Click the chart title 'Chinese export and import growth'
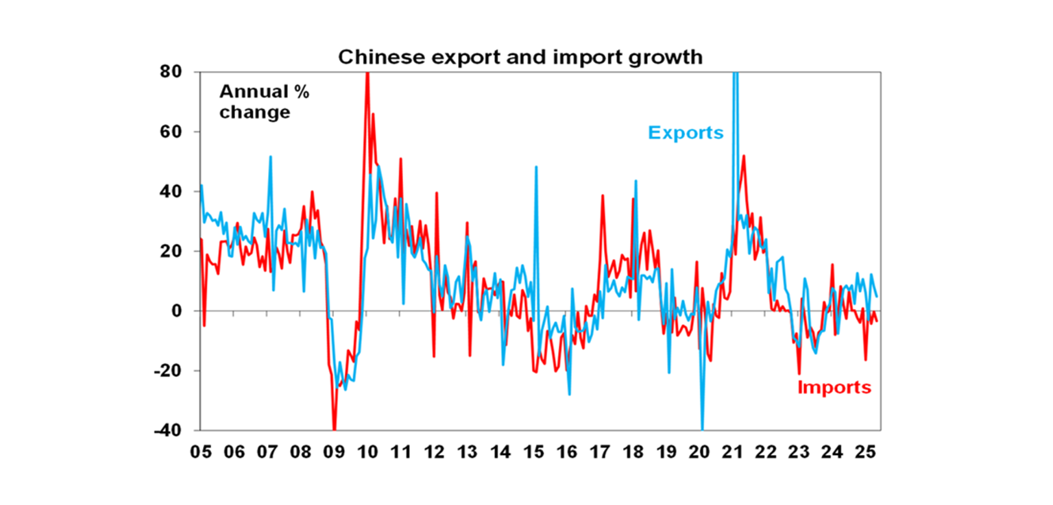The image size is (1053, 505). click(x=520, y=57)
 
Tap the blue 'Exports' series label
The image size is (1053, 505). click(x=686, y=132)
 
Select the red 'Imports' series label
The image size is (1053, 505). click(x=834, y=388)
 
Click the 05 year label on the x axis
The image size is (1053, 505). click(x=201, y=453)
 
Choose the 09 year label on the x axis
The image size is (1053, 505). click(x=334, y=453)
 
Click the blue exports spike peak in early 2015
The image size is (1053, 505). click(x=535, y=167)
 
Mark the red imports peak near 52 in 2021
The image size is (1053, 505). click(x=744, y=156)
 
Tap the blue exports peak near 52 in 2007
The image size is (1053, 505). click(x=270, y=157)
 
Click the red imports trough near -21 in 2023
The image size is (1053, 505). click(x=799, y=373)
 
